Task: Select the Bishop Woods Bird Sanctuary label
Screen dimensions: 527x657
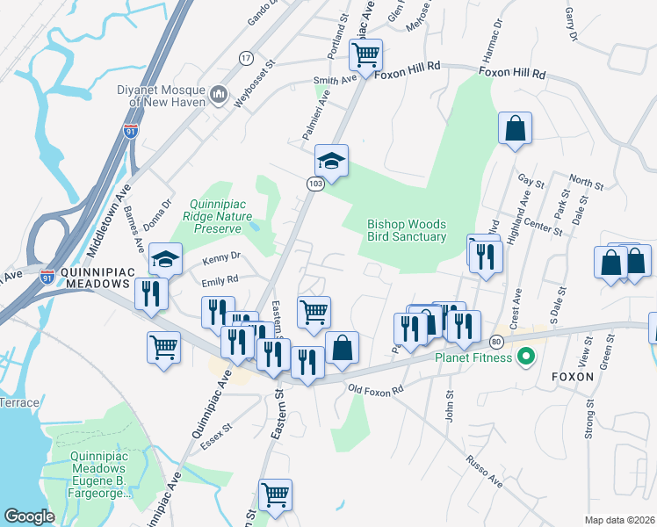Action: pyautogui.click(x=407, y=230)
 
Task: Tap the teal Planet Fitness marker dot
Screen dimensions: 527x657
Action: pyautogui.click(x=526, y=357)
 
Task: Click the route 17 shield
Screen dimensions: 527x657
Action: pyautogui.click(x=245, y=57)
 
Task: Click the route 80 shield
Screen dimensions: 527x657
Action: pyautogui.click(x=496, y=341)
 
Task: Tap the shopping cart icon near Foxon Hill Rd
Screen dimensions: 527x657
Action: pyautogui.click(x=365, y=55)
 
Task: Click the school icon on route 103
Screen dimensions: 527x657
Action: pyautogui.click(x=332, y=161)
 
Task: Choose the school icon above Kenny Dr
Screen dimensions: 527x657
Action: pyautogui.click(x=165, y=259)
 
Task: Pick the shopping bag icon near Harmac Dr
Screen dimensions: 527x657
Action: pyautogui.click(x=515, y=127)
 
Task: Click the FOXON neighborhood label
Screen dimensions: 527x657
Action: pyautogui.click(x=572, y=377)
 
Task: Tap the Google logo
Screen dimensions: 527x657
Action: pyautogui.click(x=29, y=516)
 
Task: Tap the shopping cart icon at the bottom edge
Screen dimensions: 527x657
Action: pyautogui.click(x=275, y=495)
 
